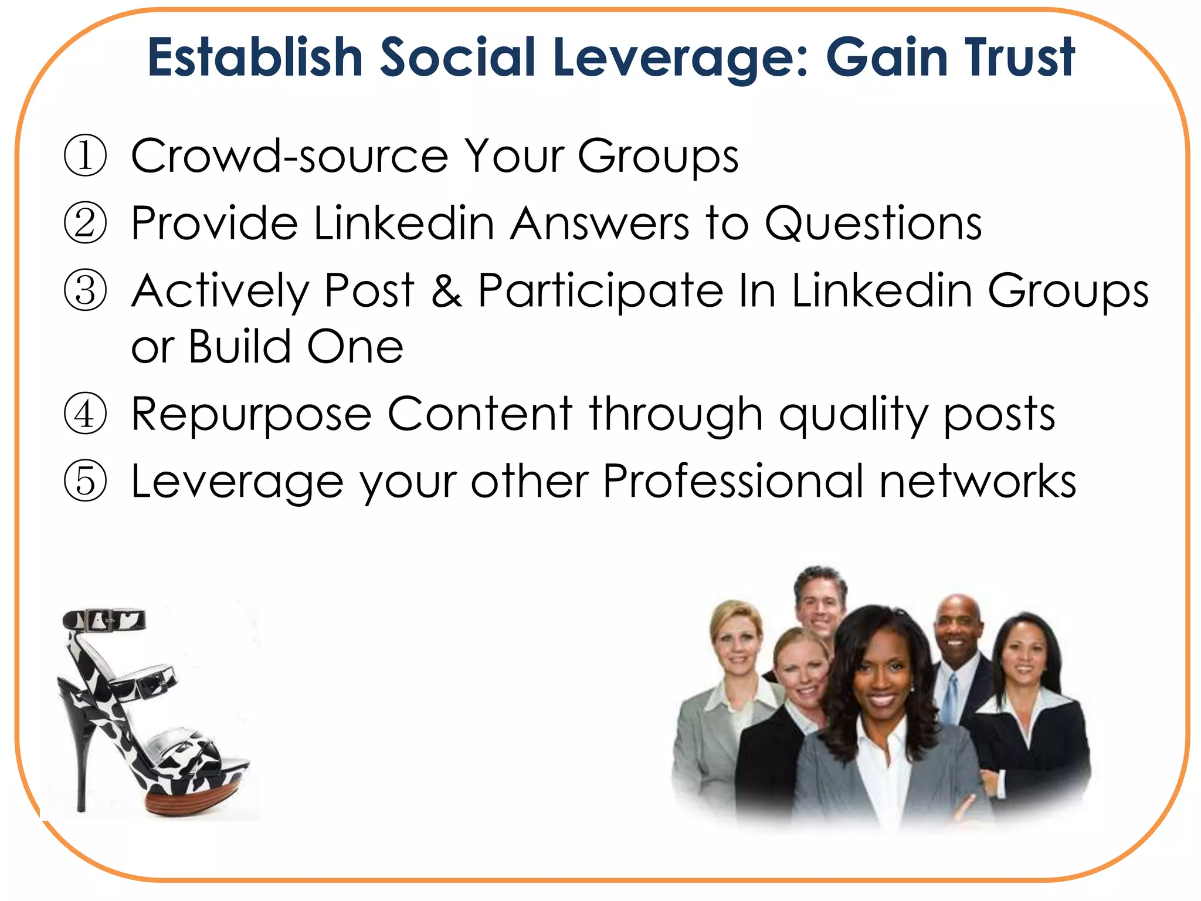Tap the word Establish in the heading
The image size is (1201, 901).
255,57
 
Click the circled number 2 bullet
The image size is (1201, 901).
86,223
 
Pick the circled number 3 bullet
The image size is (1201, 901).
86,291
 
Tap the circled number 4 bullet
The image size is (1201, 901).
86,414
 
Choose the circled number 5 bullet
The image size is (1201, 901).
86,482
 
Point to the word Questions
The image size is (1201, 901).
873,223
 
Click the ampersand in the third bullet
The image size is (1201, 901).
447,291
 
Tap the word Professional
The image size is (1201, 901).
733,482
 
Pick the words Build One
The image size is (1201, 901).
296,347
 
